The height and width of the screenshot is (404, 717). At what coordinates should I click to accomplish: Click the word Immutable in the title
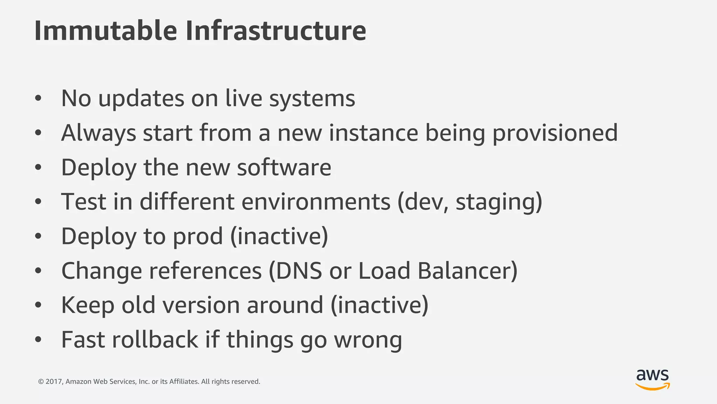pos(105,31)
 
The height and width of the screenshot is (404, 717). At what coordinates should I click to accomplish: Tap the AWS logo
pos(652,379)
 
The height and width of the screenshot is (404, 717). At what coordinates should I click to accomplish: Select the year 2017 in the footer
pos(54,382)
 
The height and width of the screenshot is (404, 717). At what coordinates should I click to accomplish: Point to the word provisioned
pos(555,134)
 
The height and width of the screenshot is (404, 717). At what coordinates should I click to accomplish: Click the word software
pos(284,167)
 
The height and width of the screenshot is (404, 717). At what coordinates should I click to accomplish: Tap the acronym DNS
pos(299,271)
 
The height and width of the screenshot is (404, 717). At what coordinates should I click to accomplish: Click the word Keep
pos(88,305)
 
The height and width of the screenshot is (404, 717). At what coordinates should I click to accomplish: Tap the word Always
pos(98,133)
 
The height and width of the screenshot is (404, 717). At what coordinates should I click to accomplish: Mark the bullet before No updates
pos(38,98)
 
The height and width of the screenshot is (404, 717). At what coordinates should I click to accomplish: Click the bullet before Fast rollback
pos(38,339)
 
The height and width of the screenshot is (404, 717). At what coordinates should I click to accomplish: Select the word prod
pos(198,237)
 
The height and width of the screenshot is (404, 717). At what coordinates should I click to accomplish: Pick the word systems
pos(312,99)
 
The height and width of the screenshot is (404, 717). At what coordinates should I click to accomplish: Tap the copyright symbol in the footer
pos(41,382)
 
